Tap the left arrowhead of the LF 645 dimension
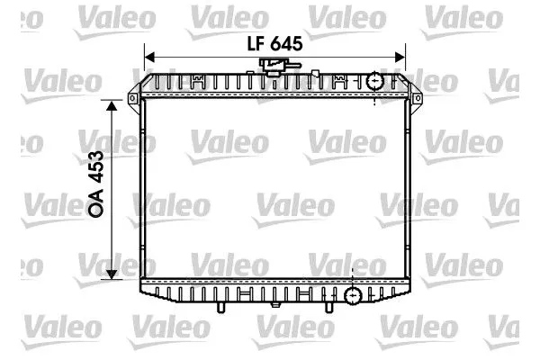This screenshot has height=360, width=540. pos(148,56)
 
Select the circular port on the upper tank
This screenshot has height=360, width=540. pos(374,83)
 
